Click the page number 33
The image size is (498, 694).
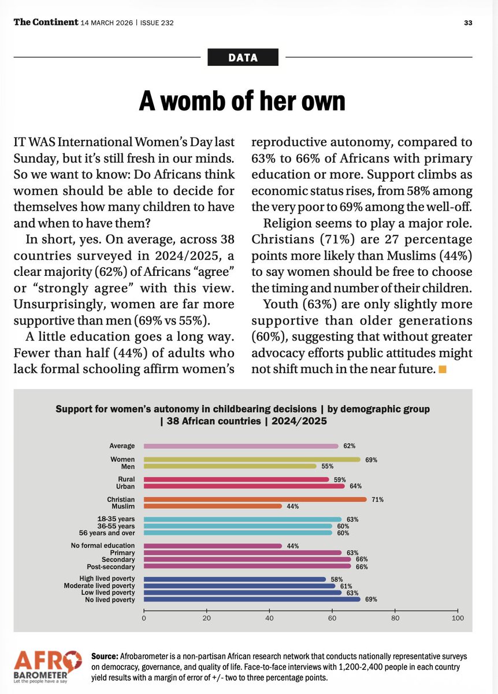469,23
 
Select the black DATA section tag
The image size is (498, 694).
243,57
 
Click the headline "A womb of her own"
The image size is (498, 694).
242,101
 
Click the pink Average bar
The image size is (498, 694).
241,446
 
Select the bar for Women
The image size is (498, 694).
252,459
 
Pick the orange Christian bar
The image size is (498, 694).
255,499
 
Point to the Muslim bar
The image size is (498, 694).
213,506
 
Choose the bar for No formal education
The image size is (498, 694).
213,545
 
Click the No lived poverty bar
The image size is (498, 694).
252,600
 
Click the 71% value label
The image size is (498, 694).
377,499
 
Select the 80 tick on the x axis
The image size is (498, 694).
395,618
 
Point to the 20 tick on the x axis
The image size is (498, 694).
206,618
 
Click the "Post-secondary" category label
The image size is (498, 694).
115,566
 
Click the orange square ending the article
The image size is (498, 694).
443,370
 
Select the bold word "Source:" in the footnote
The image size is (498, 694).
105,656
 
